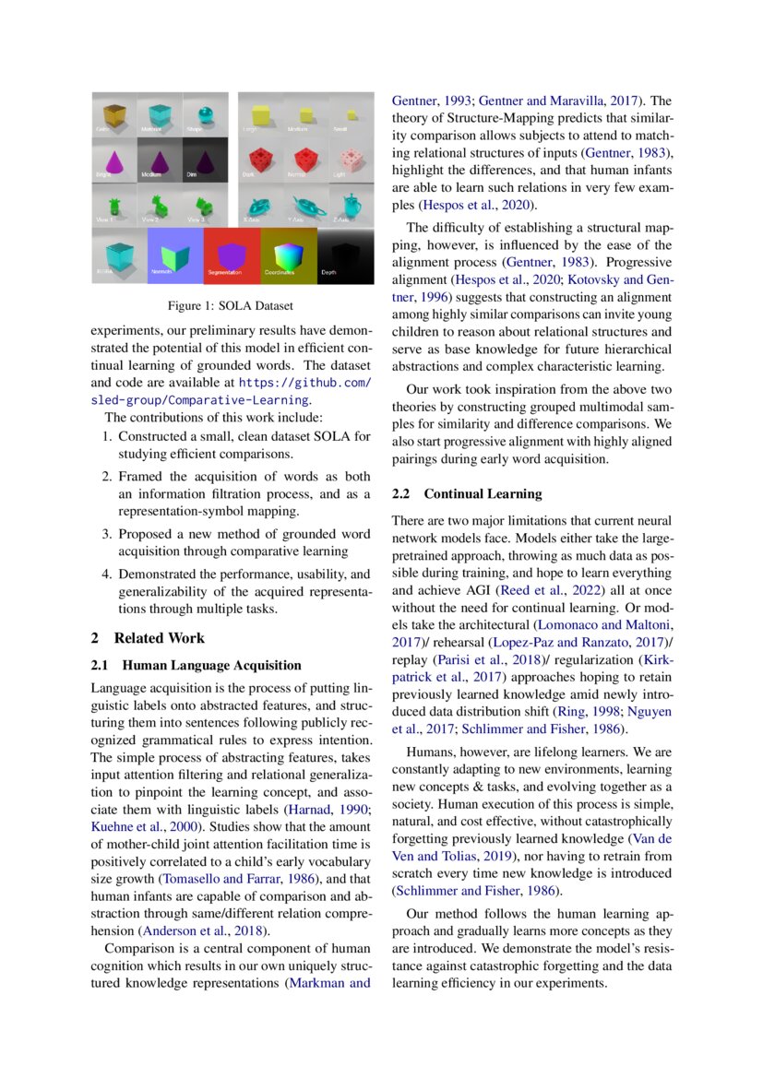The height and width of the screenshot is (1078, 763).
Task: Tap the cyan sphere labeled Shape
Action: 205,113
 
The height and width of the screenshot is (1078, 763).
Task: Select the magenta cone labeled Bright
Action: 113,159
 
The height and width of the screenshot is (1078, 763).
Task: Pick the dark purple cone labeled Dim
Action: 205,159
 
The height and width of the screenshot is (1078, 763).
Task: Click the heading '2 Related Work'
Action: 148,638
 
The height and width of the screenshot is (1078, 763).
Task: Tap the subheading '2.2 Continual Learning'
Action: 467,494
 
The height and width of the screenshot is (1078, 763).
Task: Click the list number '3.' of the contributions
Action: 107,534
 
